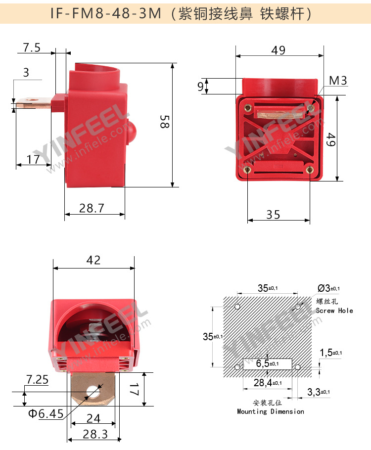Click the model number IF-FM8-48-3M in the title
pos(106,13)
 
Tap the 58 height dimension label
pos(165,121)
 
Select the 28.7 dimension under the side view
pos(92,208)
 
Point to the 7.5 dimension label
pos(32,47)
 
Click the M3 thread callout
pos(338,81)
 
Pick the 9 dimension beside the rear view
pos(200,87)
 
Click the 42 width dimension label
pos(93,260)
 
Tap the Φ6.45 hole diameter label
pos(46,413)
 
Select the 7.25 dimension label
pos(37,379)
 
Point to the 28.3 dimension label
pos(95,434)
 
